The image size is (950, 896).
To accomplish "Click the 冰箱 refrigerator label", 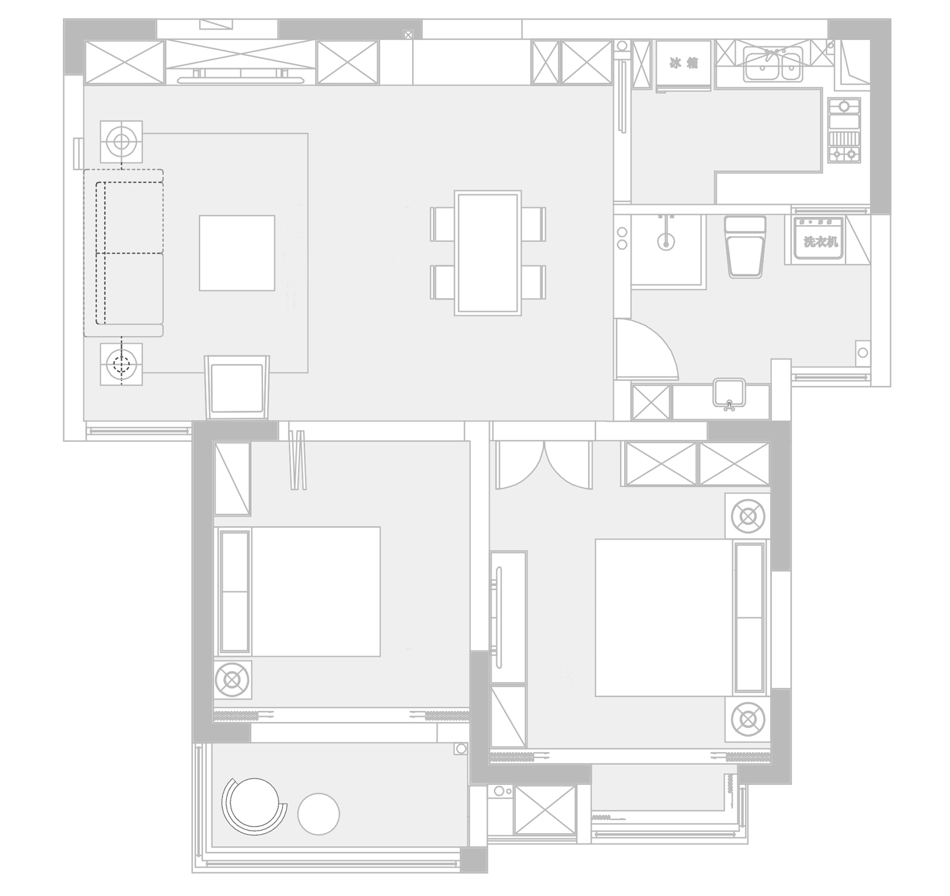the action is pos(683,63).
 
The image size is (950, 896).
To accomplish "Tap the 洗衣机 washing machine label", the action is pos(821,242).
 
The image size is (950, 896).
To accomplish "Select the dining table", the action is pos(487,253).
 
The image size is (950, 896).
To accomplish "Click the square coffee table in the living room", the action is pos(237,253).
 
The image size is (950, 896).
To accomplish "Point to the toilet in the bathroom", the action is pos(745,246).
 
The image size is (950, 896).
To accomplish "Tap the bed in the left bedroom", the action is pos(297,591).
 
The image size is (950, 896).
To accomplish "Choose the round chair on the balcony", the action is pos(253,806).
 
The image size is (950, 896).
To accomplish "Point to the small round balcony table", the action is pos(318,814).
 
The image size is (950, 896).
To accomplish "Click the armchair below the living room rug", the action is pos(237,386).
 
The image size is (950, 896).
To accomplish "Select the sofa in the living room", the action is pos(123,253).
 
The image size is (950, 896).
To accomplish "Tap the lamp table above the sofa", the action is pos(121,142).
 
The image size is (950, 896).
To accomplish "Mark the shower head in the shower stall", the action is pos(666,241).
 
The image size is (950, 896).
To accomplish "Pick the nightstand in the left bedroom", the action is pos(233,679).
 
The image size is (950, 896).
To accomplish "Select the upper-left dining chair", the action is pos(443,224).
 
